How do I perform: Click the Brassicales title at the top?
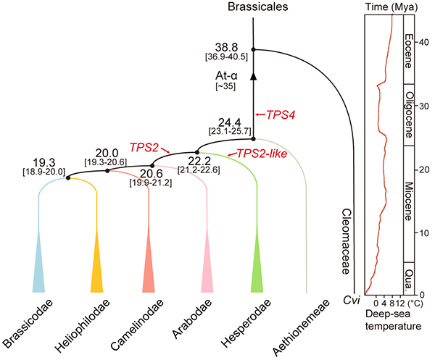pyautogui.click(x=253, y=8)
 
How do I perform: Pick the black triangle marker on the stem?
pyautogui.click(x=254, y=75)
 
